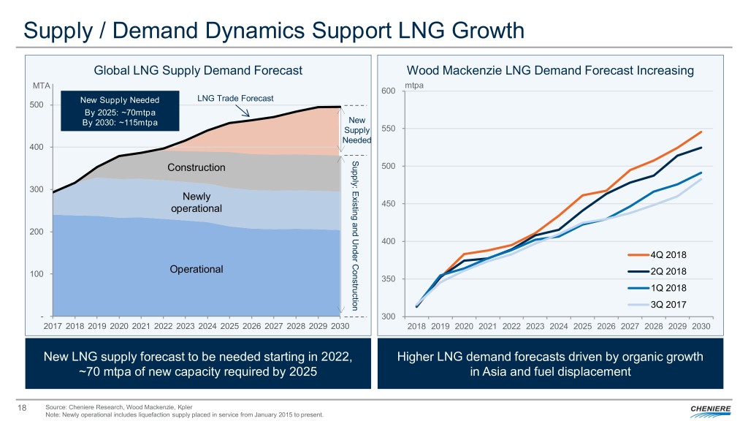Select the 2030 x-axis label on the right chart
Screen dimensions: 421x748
click(701, 325)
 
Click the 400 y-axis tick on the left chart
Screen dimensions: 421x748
click(35, 148)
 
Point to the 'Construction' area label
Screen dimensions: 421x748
click(196, 168)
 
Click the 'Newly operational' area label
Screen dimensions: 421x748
click(196, 202)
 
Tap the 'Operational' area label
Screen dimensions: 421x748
click(196, 269)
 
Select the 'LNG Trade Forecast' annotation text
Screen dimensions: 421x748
click(229, 99)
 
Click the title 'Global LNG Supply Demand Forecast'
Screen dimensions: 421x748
click(199, 70)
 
